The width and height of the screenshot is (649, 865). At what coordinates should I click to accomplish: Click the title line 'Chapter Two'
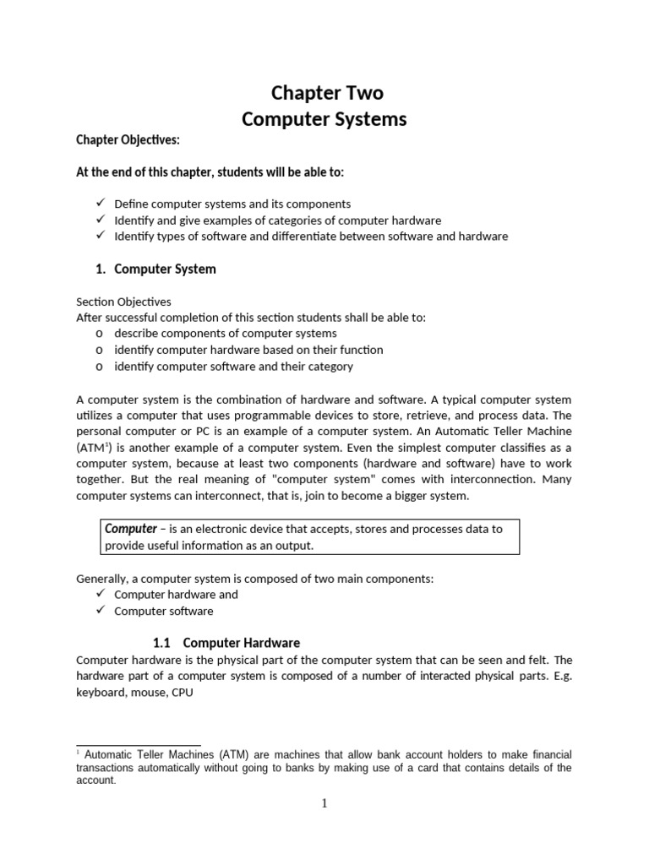[324, 92]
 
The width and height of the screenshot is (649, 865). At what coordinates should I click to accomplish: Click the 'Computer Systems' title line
[324, 119]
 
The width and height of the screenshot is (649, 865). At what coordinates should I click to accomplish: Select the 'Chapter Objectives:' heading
[128, 140]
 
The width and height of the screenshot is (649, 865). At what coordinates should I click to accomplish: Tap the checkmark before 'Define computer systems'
[100, 204]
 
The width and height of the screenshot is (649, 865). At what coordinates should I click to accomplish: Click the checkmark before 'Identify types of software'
[100, 236]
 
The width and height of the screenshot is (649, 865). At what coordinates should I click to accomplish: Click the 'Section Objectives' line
[123, 302]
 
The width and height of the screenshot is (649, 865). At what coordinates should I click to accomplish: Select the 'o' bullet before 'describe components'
[100, 334]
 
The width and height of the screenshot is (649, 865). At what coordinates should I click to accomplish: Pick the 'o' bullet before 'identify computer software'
[100, 367]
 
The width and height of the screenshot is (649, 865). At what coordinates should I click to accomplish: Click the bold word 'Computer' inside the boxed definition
[131, 529]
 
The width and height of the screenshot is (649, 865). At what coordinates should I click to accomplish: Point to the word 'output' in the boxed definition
[294, 546]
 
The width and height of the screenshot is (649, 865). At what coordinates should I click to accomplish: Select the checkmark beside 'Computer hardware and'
[100, 594]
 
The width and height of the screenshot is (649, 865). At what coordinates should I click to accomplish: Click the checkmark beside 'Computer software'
[100, 610]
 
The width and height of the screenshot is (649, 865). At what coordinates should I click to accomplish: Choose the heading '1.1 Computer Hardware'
[226, 643]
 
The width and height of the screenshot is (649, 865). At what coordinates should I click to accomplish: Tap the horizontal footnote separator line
[139, 746]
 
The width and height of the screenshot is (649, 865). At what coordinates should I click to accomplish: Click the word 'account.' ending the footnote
[95, 781]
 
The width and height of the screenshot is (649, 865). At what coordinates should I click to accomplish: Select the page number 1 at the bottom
[324, 803]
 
